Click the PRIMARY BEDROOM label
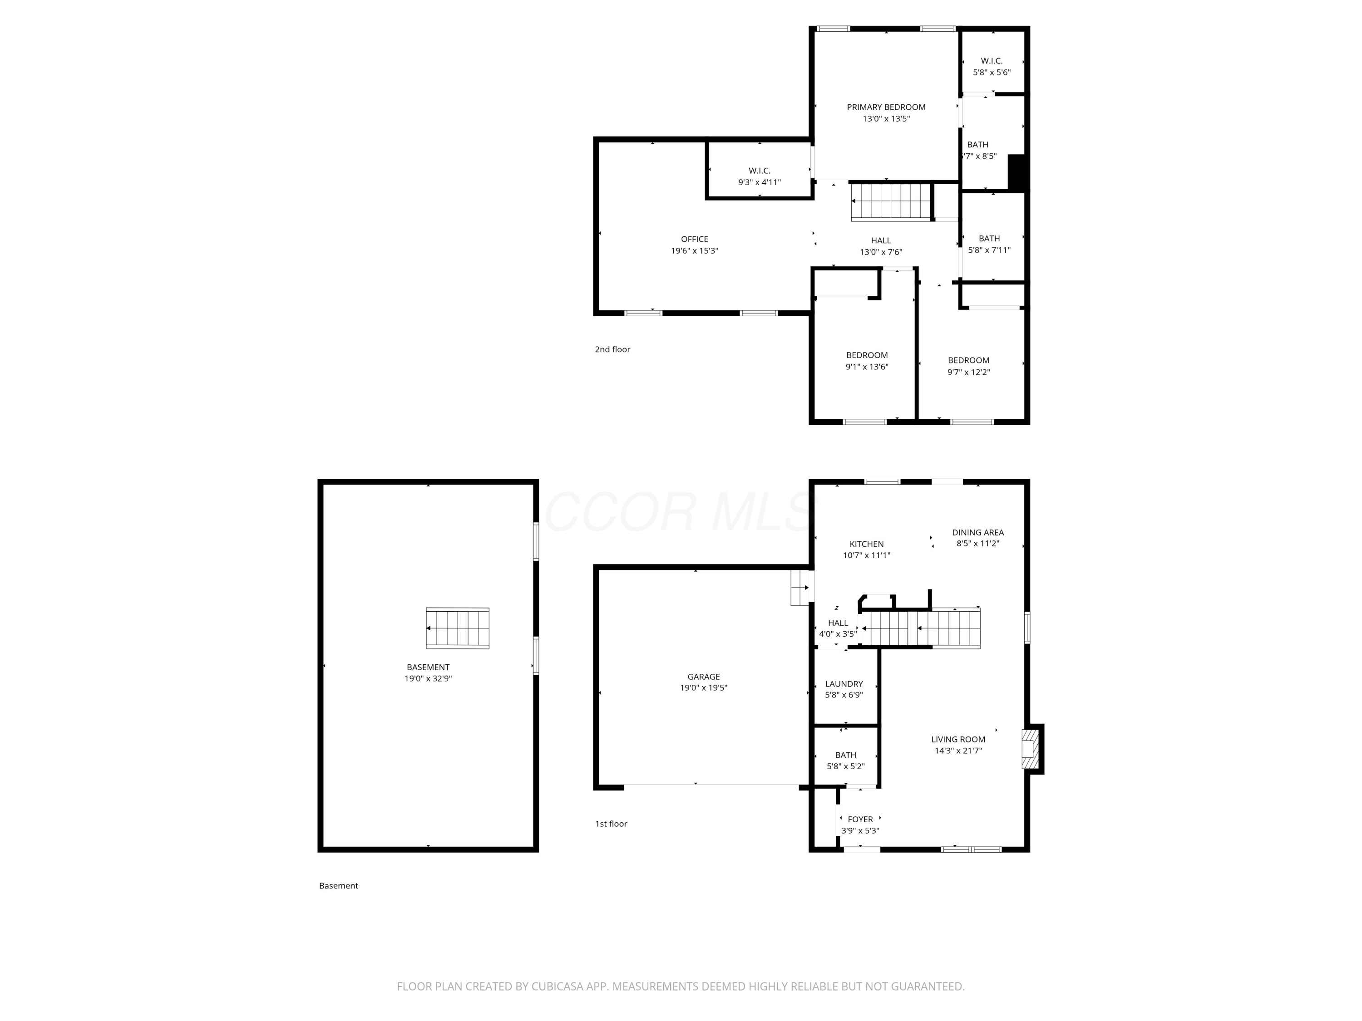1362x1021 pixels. click(x=886, y=107)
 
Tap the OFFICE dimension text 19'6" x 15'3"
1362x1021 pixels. click(x=695, y=251)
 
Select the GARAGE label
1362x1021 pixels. click(x=704, y=677)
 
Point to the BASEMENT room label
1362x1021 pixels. click(x=428, y=667)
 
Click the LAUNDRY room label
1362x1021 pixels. click(x=844, y=684)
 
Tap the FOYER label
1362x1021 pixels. click(x=860, y=819)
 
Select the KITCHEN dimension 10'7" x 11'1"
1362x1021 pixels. click(x=866, y=555)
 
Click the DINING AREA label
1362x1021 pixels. click(x=978, y=532)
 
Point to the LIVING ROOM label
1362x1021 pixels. click(x=958, y=739)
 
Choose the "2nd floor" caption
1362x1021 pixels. click(x=612, y=349)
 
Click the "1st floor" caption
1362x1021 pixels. click(x=611, y=824)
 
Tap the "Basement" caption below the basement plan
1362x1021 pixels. click(x=339, y=886)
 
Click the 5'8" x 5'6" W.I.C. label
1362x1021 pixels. click(x=992, y=66)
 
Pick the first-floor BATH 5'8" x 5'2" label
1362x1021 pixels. click(x=845, y=761)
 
